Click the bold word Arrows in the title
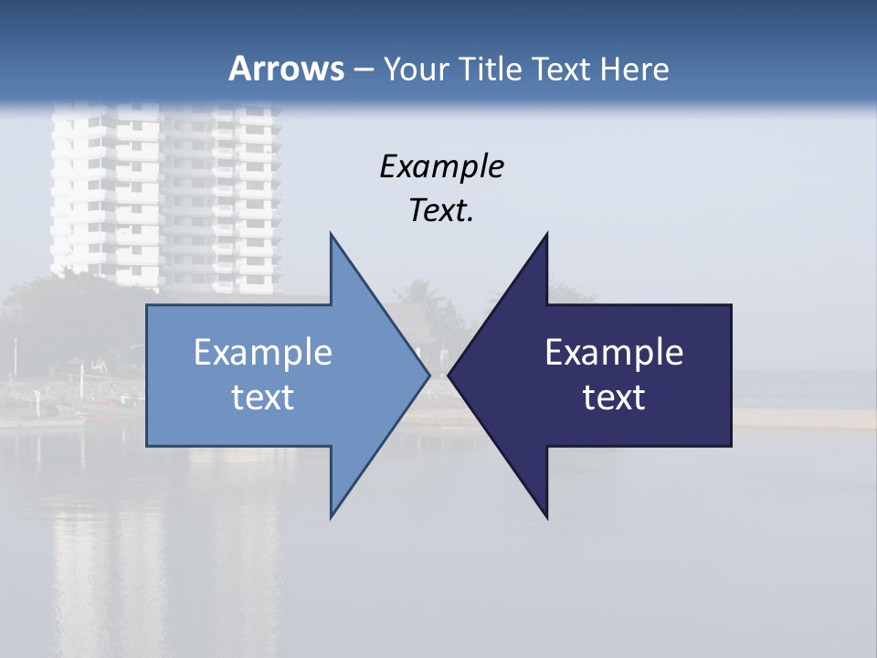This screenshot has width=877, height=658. [285, 69]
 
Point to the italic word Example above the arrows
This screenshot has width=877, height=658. [441, 167]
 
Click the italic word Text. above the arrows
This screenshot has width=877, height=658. [441, 211]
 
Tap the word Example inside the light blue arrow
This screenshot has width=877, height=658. [263, 353]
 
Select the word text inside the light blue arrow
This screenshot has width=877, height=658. [263, 398]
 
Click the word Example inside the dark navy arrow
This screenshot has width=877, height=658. [614, 353]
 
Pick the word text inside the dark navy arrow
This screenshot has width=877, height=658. [614, 398]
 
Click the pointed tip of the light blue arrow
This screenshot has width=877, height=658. [428, 375]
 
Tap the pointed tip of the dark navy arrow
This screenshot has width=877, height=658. [449, 375]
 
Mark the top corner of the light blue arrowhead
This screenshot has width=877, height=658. [332, 234]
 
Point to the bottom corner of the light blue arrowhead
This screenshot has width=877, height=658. [332, 516]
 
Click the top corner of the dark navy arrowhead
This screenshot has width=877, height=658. [546, 234]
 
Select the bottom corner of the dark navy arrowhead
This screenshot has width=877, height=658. [546, 517]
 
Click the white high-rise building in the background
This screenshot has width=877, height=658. [164, 192]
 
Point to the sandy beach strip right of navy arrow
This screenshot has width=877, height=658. [804, 418]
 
